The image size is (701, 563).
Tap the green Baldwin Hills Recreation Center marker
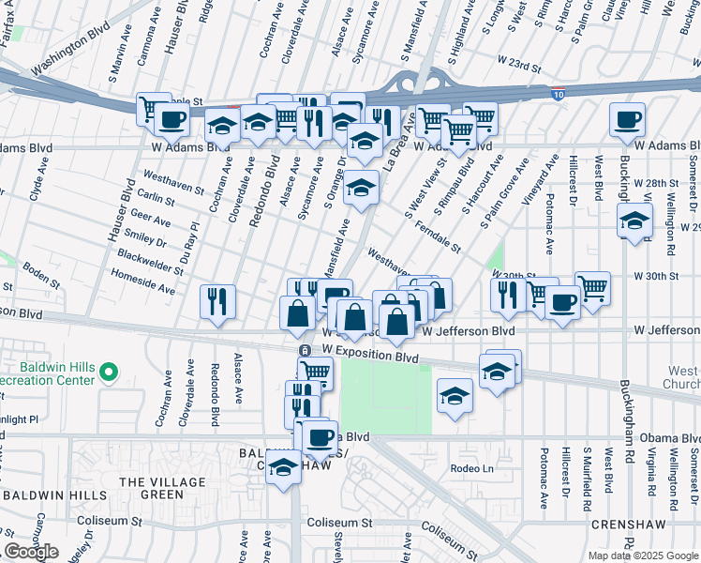pos(109,373)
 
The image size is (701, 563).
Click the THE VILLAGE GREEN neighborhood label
pos(150,488)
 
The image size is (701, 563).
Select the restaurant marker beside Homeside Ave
pos(216,301)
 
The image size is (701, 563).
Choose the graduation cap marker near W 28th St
pos(634,222)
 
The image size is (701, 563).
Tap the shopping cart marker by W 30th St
pos(592,288)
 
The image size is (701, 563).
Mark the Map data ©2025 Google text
pos(641,555)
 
